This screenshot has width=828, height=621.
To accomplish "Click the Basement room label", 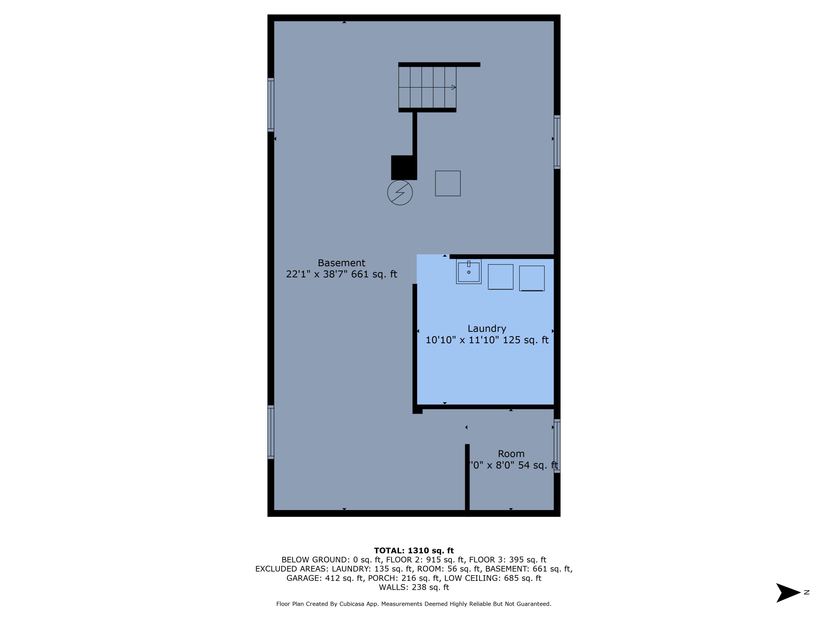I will (x=341, y=263).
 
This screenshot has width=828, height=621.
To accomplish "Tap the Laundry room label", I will (x=487, y=328).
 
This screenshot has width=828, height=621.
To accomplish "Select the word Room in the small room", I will (x=511, y=454).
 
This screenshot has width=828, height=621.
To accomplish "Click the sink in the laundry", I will (x=469, y=272).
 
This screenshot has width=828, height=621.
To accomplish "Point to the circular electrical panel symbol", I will (x=400, y=193).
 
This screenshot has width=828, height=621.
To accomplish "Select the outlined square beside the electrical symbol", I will (x=448, y=184).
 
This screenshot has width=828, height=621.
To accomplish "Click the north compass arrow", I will (x=788, y=593).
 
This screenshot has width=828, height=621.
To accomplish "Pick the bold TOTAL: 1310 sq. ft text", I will (x=414, y=551).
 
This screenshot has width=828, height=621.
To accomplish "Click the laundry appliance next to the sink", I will (x=500, y=277).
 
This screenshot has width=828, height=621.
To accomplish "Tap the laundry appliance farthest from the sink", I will (x=532, y=278).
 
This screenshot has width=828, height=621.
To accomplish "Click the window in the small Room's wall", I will (x=557, y=446).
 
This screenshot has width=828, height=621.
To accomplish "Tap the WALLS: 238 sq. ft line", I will (x=414, y=587).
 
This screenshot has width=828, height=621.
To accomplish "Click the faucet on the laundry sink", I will (x=469, y=264).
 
